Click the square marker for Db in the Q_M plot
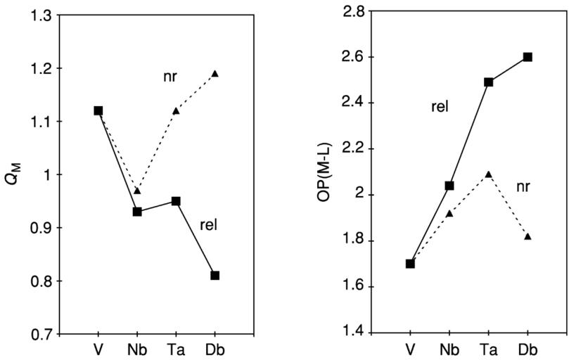pyautogui.click(x=215, y=275)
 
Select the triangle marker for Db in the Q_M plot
pyautogui.click(x=215, y=73)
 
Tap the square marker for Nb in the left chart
pyautogui.click(x=137, y=212)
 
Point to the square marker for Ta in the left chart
pyautogui.click(x=176, y=201)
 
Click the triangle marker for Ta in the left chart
pyautogui.click(x=176, y=110)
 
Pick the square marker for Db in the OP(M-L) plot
pyautogui.click(x=528, y=57)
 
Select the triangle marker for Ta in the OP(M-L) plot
pyautogui.click(x=488, y=174)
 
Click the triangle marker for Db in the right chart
pyautogui.click(x=528, y=236)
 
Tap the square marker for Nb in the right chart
pyautogui.click(x=449, y=186)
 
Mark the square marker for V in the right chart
pyautogui.click(x=410, y=264)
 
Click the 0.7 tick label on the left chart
pyautogui.click(x=41, y=334)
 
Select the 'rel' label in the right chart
pyautogui.click(x=440, y=107)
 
